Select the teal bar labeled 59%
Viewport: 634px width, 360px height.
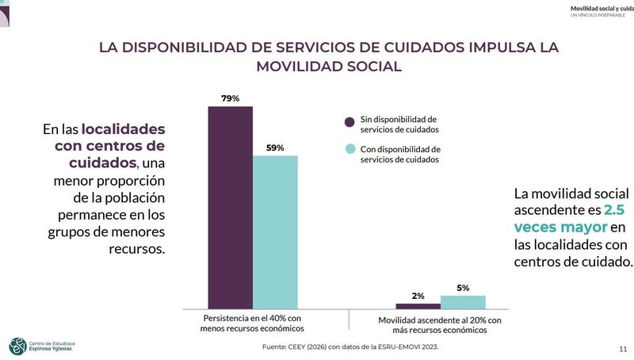point(275,232)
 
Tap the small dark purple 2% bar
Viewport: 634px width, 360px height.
point(418,305)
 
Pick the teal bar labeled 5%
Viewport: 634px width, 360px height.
point(463,301)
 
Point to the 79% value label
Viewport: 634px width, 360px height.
point(230,98)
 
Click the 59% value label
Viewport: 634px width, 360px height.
point(275,147)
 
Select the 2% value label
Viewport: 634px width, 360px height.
point(418,296)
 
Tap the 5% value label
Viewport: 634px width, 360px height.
point(463,288)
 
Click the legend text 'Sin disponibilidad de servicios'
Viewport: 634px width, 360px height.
point(399,124)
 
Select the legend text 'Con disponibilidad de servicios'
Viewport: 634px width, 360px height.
point(400,154)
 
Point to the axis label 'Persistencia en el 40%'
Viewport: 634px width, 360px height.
point(253,323)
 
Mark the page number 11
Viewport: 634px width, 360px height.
point(622,348)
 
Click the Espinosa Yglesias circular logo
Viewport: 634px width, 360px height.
point(17,346)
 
